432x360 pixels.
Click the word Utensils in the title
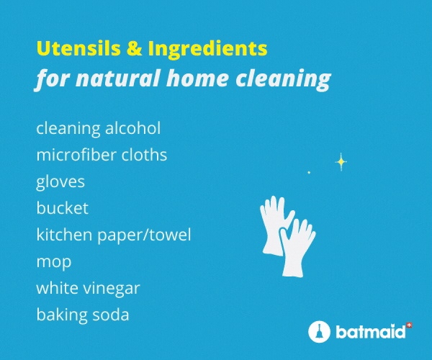[78, 48]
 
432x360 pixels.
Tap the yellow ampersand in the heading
[135, 48]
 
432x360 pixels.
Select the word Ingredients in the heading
[208, 50]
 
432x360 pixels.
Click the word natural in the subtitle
[118, 78]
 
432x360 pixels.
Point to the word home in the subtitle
[197, 78]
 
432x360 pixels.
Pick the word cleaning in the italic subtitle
[283, 80]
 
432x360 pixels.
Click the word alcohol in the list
[132, 128]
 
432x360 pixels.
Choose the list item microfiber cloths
[102, 155]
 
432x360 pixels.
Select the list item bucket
[62, 207]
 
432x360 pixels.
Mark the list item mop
[54, 263]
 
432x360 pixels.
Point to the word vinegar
[112, 289]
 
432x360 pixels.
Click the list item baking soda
[83, 315]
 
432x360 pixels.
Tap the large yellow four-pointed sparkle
[341, 162]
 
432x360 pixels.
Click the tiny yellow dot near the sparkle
[309, 172]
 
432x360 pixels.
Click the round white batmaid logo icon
[319, 331]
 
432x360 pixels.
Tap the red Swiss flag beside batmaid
[410, 325]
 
